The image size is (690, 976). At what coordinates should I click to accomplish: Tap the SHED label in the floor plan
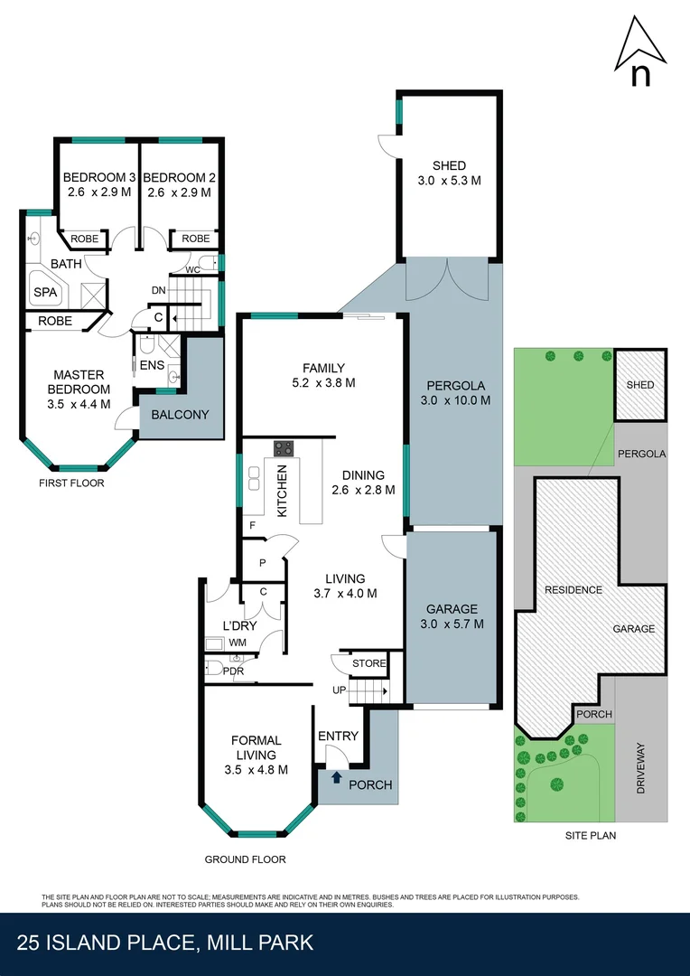(449, 165)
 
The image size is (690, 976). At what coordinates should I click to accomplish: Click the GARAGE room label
(452, 609)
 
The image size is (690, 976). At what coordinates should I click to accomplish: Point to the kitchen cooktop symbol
(284, 447)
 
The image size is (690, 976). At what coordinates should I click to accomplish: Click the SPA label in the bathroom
(44, 292)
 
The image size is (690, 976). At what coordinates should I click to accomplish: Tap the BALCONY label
(180, 415)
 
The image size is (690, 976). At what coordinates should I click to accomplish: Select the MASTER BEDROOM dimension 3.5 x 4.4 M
(79, 404)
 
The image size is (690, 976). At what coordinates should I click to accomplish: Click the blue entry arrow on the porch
(336, 775)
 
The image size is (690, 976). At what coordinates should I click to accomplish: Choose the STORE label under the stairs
(368, 663)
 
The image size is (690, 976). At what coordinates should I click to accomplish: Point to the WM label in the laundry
(238, 643)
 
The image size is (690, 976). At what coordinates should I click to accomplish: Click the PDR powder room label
(233, 671)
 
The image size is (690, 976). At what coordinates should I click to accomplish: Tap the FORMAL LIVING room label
(256, 747)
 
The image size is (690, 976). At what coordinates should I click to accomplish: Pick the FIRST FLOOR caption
(71, 483)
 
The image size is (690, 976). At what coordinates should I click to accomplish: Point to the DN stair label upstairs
(158, 290)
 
